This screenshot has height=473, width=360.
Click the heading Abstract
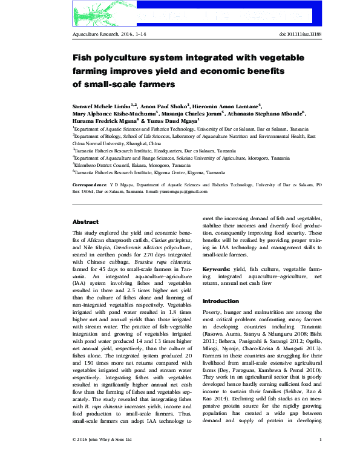(85, 222)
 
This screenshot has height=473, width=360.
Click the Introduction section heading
(221, 301)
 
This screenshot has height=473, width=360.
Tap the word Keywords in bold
(216, 267)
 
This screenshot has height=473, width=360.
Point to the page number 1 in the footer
(319, 455)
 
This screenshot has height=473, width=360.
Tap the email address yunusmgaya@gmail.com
(181, 191)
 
